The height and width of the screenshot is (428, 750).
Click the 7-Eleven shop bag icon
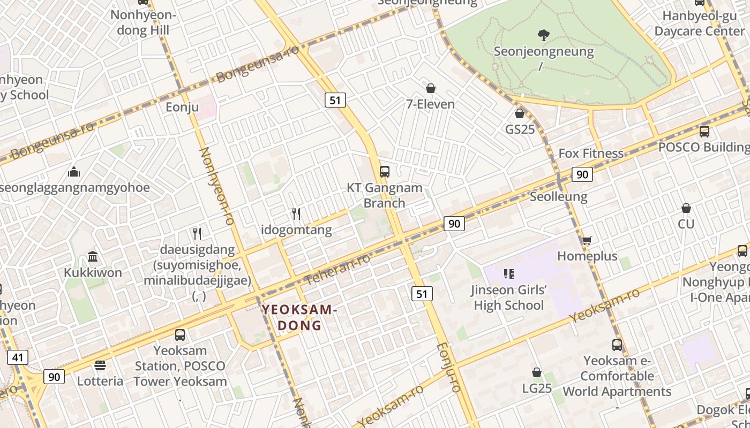pyautogui.click(x=431, y=88)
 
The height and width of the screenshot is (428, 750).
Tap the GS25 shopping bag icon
pyautogui.click(x=519, y=113)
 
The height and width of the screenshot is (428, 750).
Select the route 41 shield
pyautogui.click(x=18, y=357)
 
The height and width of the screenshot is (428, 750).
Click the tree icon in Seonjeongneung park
pyautogui.click(x=544, y=36)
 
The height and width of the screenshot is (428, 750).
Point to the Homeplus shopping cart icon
pyautogui.click(x=587, y=241)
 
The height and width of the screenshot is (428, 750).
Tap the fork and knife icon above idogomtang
pyautogui.click(x=296, y=214)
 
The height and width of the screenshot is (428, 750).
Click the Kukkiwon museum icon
pyautogui.click(x=93, y=257)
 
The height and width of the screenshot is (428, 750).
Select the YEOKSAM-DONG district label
pyautogui.click(x=299, y=317)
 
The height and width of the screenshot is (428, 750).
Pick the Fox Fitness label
pyautogui.click(x=591, y=154)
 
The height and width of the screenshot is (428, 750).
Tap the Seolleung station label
pyautogui.click(x=558, y=196)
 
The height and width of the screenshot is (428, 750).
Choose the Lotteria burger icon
pyautogui.click(x=100, y=365)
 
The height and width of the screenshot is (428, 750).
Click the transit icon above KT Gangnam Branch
pyautogui.click(x=384, y=172)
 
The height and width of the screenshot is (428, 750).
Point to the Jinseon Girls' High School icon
pyautogui.click(x=509, y=274)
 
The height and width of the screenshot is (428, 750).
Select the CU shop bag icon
pyautogui.click(x=686, y=208)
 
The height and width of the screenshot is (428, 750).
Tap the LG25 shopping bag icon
pyautogui.click(x=537, y=372)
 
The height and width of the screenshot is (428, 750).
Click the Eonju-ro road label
pyautogui.click(x=449, y=368)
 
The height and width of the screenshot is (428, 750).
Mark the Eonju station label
pyautogui.click(x=182, y=107)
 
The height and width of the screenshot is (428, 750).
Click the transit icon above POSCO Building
pyautogui.click(x=704, y=131)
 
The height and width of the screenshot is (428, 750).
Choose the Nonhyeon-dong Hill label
pyautogui.click(x=143, y=22)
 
